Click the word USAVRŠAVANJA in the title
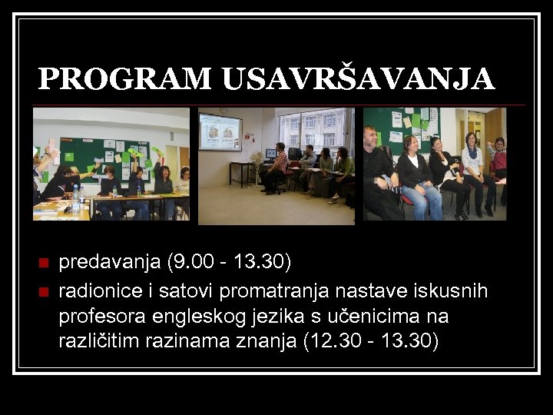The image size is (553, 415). click(359, 78)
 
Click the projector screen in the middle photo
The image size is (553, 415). click(220, 132)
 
